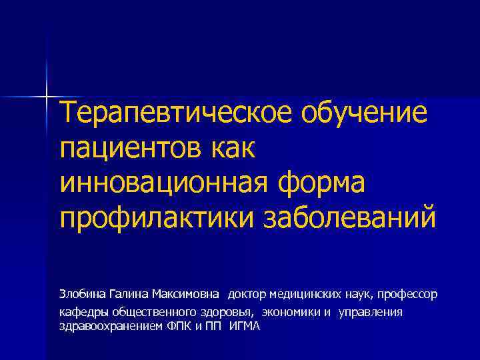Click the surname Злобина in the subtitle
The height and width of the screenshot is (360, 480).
[x=80, y=294]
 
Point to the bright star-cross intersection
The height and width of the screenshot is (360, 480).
[x=47, y=95]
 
